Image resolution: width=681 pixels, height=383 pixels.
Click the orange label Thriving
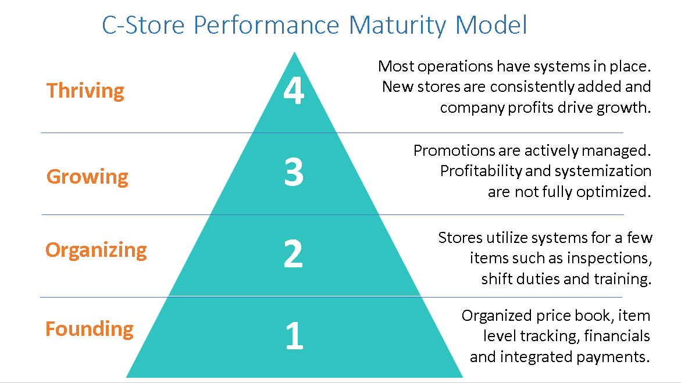pyautogui.click(x=85, y=91)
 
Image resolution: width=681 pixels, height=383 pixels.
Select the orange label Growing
pyautogui.click(x=87, y=177)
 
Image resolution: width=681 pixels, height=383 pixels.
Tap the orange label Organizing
pyautogui.click(x=97, y=250)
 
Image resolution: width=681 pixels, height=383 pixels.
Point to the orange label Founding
pyautogui.click(x=90, y=329)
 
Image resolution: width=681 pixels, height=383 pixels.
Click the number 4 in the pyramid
pyautogui.click(x=294, y=91)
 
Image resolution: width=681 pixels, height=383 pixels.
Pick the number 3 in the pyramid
pyautogui.click(x=294, y=173)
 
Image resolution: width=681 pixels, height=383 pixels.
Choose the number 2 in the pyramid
pyautogui.click(x=293, y=253)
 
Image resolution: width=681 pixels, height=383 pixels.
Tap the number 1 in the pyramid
pyautogui.click(x=294, y=335)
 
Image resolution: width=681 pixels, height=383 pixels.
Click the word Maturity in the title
pyautogui.click(x=397, y=26)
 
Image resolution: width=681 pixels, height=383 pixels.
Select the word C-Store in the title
pyautogui.click(x=143, y=25)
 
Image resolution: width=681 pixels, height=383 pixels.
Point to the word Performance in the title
pyautogui.click(x=266, y=25)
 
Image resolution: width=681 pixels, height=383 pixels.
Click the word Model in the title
pyautogui.click(x=491, y=25)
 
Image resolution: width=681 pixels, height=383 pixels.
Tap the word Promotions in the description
pyautogui.click(x=454, y=151)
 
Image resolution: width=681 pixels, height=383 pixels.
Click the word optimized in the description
pyautogui.click(x=614, y=192)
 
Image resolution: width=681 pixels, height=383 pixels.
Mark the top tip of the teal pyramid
pyautogui.click(x=294, y=52)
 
